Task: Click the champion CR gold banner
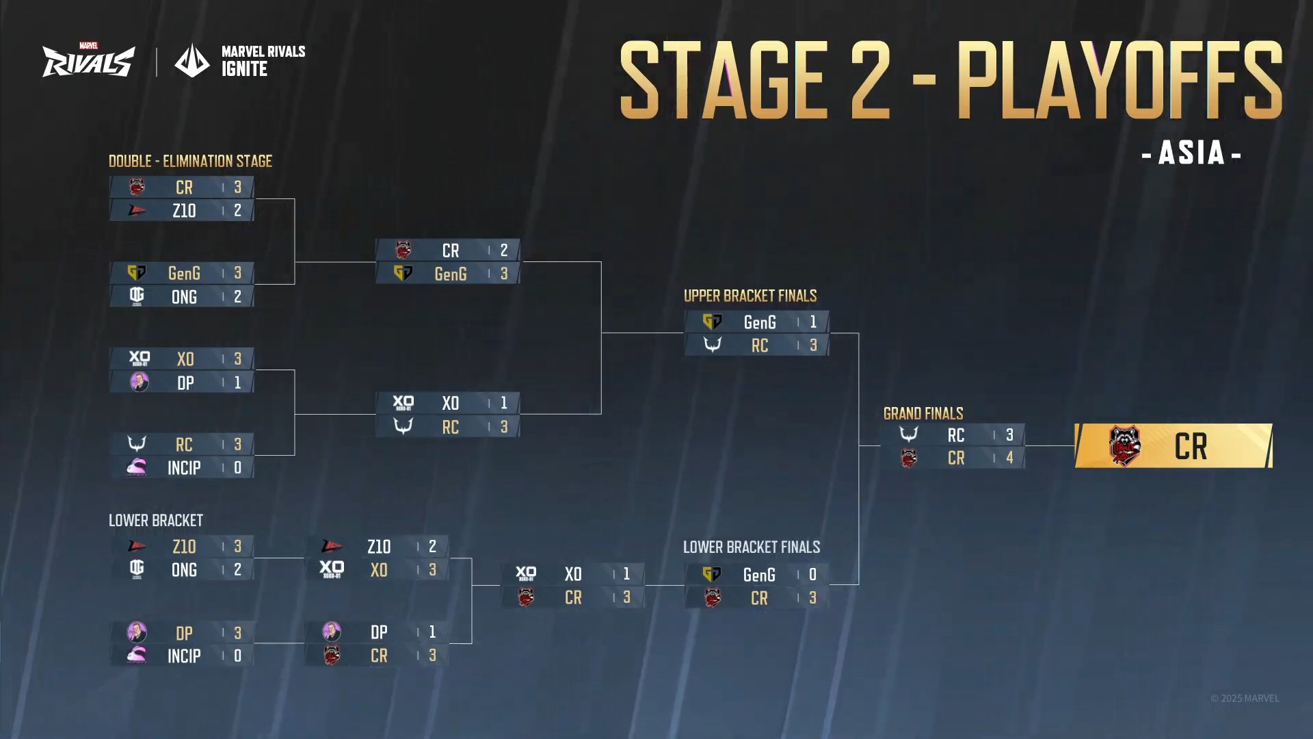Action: [1173, 446]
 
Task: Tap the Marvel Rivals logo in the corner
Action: [88, 61]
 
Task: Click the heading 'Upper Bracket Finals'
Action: [750, 296]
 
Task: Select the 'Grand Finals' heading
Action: [923, 413]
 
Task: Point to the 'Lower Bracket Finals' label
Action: [752, 547]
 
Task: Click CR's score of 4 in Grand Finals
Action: [1009, 458]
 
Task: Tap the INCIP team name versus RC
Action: [184, 468]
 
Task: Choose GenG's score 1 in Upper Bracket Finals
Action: [813, 322]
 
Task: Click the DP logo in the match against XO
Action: [140, 382]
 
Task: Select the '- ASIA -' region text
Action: [1191, 153]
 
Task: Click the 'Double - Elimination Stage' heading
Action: [190, 161]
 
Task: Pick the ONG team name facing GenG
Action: [184, 297]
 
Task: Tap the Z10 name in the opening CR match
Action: [184, 211]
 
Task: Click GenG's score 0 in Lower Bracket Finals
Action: [812, 575]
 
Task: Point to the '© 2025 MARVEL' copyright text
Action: [1245, 699]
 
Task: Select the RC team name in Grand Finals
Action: [956, 435]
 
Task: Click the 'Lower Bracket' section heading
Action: [156, 521]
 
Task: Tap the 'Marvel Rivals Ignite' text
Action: [263, 61]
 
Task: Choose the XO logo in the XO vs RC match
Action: [403, 403]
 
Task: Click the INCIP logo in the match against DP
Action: [137, 656]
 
